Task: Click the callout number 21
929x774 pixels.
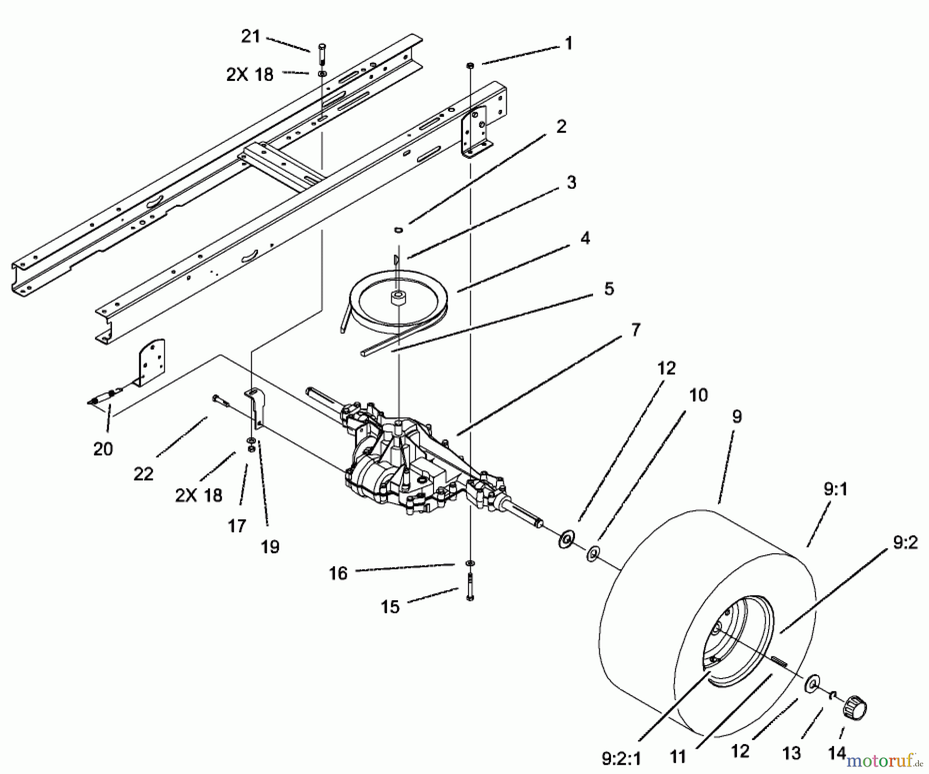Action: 251,37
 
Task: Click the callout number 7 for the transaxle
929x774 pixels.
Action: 635,330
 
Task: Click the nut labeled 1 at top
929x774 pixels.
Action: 470,65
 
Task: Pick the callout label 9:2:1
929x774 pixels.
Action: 621,758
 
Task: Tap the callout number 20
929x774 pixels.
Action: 103,449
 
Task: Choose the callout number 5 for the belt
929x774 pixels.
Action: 609,289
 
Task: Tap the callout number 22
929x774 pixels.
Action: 143,474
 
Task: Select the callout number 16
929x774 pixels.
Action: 338,573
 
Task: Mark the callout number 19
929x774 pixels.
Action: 270,547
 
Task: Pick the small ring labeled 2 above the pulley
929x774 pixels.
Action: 398,228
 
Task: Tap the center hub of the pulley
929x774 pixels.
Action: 398,299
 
